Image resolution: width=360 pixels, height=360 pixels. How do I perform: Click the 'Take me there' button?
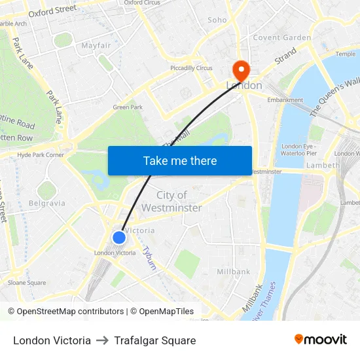(180, 160)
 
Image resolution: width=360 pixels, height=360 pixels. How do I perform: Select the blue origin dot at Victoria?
(119, 238)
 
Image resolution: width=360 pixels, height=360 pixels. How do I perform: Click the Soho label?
(217, 20)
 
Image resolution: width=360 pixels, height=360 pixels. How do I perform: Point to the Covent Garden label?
(282, 37)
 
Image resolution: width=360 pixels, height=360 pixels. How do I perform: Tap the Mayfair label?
(96, 46)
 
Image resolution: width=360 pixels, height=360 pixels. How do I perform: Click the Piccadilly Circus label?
(191, 68)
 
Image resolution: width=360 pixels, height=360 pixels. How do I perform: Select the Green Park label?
(128, 107)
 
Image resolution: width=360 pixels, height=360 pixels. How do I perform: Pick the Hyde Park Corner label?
(41, 155)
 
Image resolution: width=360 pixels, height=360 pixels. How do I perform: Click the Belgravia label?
(47, 203)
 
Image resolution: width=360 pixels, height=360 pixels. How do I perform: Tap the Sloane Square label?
(27, 283)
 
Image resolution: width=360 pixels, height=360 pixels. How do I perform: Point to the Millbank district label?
(234, 272)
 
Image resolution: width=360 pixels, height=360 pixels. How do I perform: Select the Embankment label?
(285, 100)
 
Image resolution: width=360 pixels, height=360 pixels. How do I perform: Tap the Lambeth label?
(323, 166)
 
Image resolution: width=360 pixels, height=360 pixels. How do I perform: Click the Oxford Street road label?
(52, 11)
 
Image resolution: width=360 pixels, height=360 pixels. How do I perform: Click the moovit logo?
(321, 340)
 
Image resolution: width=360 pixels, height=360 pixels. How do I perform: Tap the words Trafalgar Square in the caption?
(154, 340)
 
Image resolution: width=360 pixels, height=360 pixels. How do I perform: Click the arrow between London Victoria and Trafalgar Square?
(102, 340)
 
